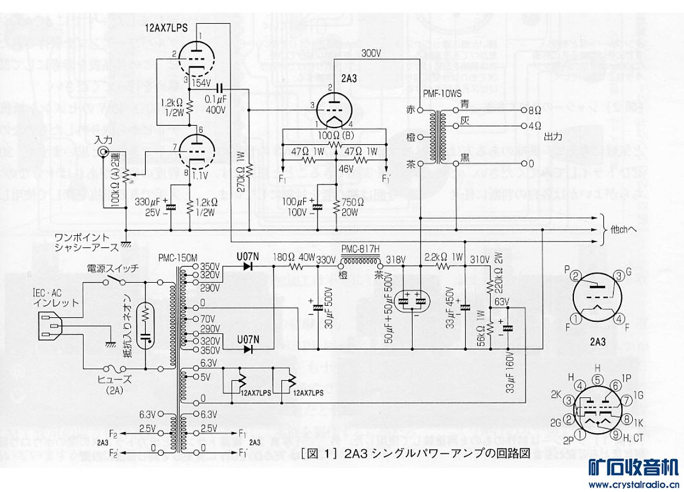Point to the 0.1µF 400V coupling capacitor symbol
(x=219, y=88)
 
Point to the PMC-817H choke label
(x=361, y=249)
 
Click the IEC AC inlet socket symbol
(x=50, y=327)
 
